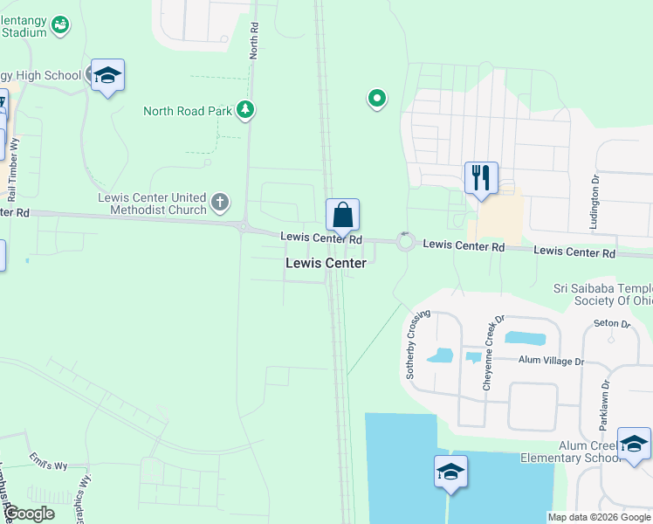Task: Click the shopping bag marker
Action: click(343, 215)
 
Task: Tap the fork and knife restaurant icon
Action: click(481, 178)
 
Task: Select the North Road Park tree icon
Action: click(247, 110)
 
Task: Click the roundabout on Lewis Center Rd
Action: click(405, 242)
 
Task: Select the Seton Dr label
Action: click(613, 324)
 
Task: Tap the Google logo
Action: click(30, 514)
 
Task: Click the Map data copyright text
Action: click(600, 517)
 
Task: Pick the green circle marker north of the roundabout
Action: click(377, 99)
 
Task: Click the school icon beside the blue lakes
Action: click(450, 472)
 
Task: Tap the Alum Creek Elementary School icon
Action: click(634, 444)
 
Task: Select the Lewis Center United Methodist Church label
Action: click(153, 203)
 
